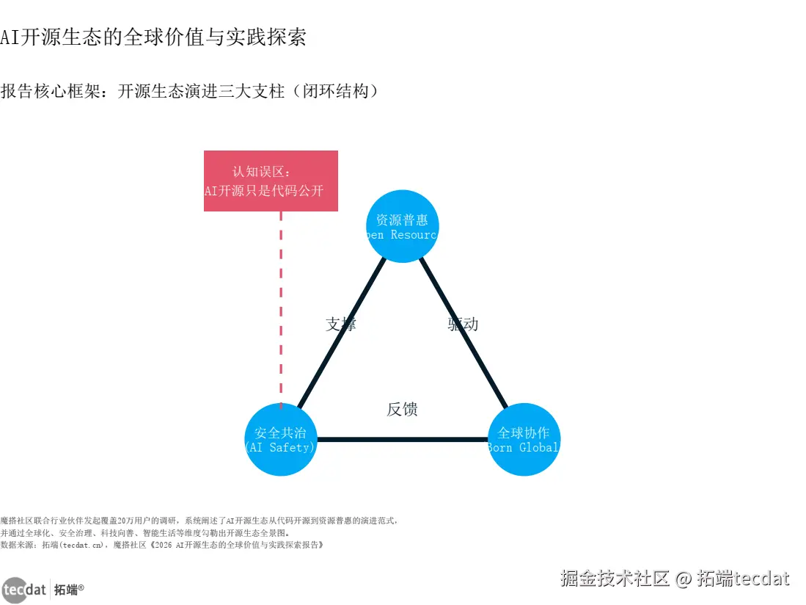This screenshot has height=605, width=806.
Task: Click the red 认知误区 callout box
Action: click(x=271, y=181)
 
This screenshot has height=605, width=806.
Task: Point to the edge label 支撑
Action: click(x=340, y=324)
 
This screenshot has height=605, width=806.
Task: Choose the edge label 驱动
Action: click(x=463, y=324)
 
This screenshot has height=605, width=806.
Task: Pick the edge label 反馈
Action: click(x=402, y=409)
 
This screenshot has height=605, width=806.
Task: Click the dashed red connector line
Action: click(x=281, y=308)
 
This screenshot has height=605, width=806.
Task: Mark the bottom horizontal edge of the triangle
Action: click(x=402, y=440)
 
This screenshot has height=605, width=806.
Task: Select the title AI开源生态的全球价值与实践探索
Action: click(x=153, y=37)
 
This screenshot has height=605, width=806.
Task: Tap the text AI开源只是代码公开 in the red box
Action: click(x=264, y=191)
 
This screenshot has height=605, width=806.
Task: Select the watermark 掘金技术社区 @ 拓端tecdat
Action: click(x=675, y=579)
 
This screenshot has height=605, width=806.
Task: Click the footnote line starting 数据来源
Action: click(x=161, y=546)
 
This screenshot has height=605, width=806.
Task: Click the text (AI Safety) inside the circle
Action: click(x=280, y=447)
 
